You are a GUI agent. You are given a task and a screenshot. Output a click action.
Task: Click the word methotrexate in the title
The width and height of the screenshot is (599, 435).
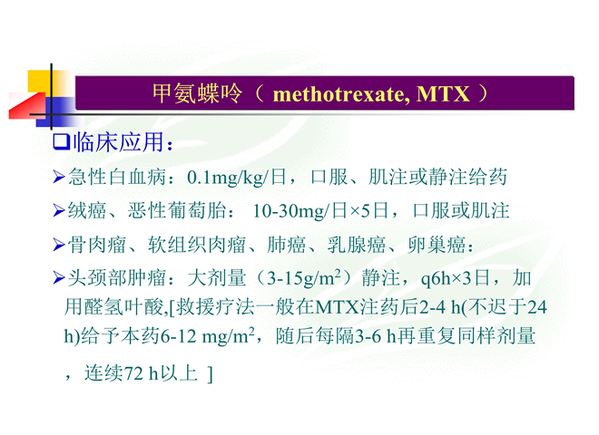coord(339,94)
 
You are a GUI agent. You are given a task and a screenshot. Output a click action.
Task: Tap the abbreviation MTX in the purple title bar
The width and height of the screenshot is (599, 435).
coord(442,94)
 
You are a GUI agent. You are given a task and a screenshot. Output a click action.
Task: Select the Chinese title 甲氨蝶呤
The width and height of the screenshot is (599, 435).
coord(197,93)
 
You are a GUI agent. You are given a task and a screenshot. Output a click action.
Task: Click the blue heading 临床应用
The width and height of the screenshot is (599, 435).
coord(118,142)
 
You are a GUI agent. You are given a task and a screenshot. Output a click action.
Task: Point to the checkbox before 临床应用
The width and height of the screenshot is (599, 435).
coord(61,142)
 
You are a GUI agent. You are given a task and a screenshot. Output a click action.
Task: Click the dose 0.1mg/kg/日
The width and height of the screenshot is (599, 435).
coord(237,178)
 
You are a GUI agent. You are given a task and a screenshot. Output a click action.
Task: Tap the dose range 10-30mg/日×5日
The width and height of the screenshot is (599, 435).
coord(320,210)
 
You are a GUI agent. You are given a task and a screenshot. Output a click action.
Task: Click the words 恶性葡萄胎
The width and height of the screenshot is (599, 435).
coord(177,210)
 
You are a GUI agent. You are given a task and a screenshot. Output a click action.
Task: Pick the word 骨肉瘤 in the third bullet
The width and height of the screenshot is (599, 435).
coord(97,245)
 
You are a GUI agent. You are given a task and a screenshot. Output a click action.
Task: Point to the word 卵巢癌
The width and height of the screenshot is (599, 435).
coord(437,245)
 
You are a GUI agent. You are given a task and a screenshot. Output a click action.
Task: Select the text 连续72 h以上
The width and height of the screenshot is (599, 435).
coord(141,372)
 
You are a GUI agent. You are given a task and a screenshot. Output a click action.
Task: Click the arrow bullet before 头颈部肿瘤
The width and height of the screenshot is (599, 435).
coord(59,278)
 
